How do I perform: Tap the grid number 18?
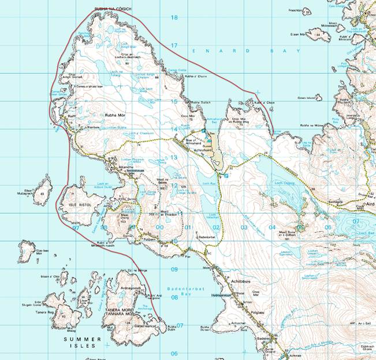coord(174,17)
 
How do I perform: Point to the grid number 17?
coord(174,46)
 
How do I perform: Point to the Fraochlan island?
coord(295,10)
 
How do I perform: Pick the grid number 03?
coord(244,228)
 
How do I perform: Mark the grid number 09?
coord(174,269)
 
